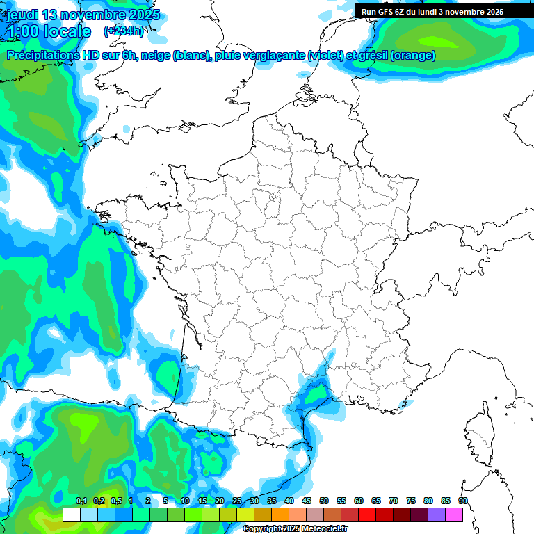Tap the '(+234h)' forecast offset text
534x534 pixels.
124,31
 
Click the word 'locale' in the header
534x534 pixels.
67,31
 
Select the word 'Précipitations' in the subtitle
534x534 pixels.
40,56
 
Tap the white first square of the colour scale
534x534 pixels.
71,515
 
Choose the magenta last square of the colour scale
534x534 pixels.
454,515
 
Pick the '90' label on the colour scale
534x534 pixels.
463,501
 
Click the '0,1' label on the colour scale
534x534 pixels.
81,501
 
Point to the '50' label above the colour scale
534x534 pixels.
324,501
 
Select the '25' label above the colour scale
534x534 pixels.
237,501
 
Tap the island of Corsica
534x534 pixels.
479,435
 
